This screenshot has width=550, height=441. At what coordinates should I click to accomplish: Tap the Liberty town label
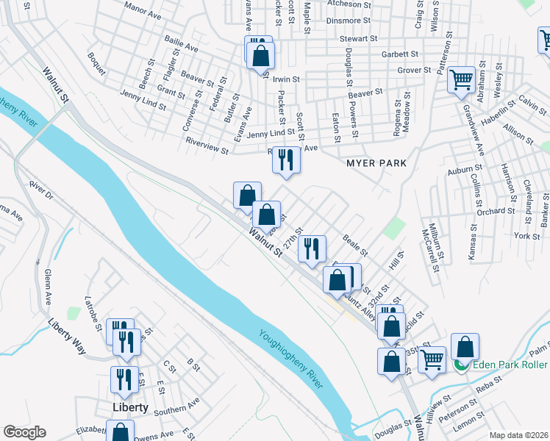click(x=130, y=406)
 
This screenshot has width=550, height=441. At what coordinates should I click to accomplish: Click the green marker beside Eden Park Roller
click(x=462, y=364)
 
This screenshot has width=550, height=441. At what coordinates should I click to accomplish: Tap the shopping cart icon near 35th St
click(x=432, y=359)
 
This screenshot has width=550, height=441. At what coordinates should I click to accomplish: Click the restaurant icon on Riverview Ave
click(x=286, y=159)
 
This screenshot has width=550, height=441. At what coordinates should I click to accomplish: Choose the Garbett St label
click(x=400, y=54)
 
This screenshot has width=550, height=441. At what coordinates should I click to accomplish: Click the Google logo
click(x=24, y=432)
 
